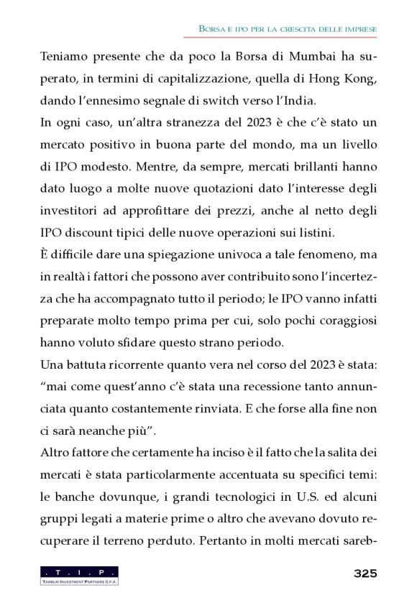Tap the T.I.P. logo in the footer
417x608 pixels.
coord(79,574)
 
